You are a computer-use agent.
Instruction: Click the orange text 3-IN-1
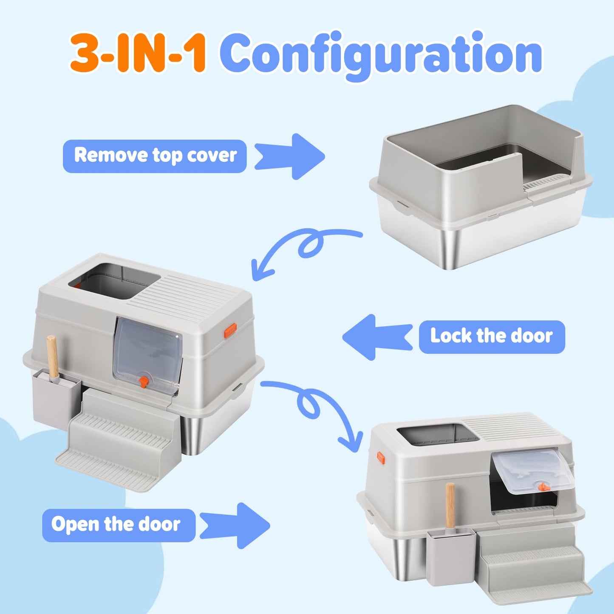click(x=138, y=53)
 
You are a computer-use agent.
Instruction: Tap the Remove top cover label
click(x=155, y=156)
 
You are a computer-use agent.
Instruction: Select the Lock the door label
click(x=492, y=337)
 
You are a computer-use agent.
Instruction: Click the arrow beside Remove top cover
click(x=289, y=156)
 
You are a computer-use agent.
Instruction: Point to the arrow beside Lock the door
click(x=377, y=337)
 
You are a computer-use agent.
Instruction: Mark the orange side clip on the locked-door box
click(x=230, y=330)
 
